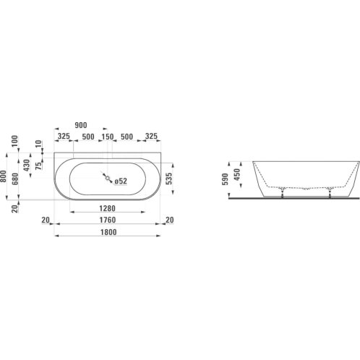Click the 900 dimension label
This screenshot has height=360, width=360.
pos(81,125)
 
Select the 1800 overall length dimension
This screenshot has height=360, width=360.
pos(108,232)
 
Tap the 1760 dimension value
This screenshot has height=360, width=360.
pos(108,220)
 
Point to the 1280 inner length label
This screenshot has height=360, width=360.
pos(108,208)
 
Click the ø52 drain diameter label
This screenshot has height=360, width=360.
pos(121,181)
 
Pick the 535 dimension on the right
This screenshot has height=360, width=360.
pos(169,179)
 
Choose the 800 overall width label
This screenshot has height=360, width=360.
pos(3,176)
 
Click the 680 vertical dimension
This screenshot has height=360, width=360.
pos(15,179)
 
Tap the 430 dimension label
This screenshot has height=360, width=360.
pos(27,166)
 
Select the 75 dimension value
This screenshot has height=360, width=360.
pos(38,166)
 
